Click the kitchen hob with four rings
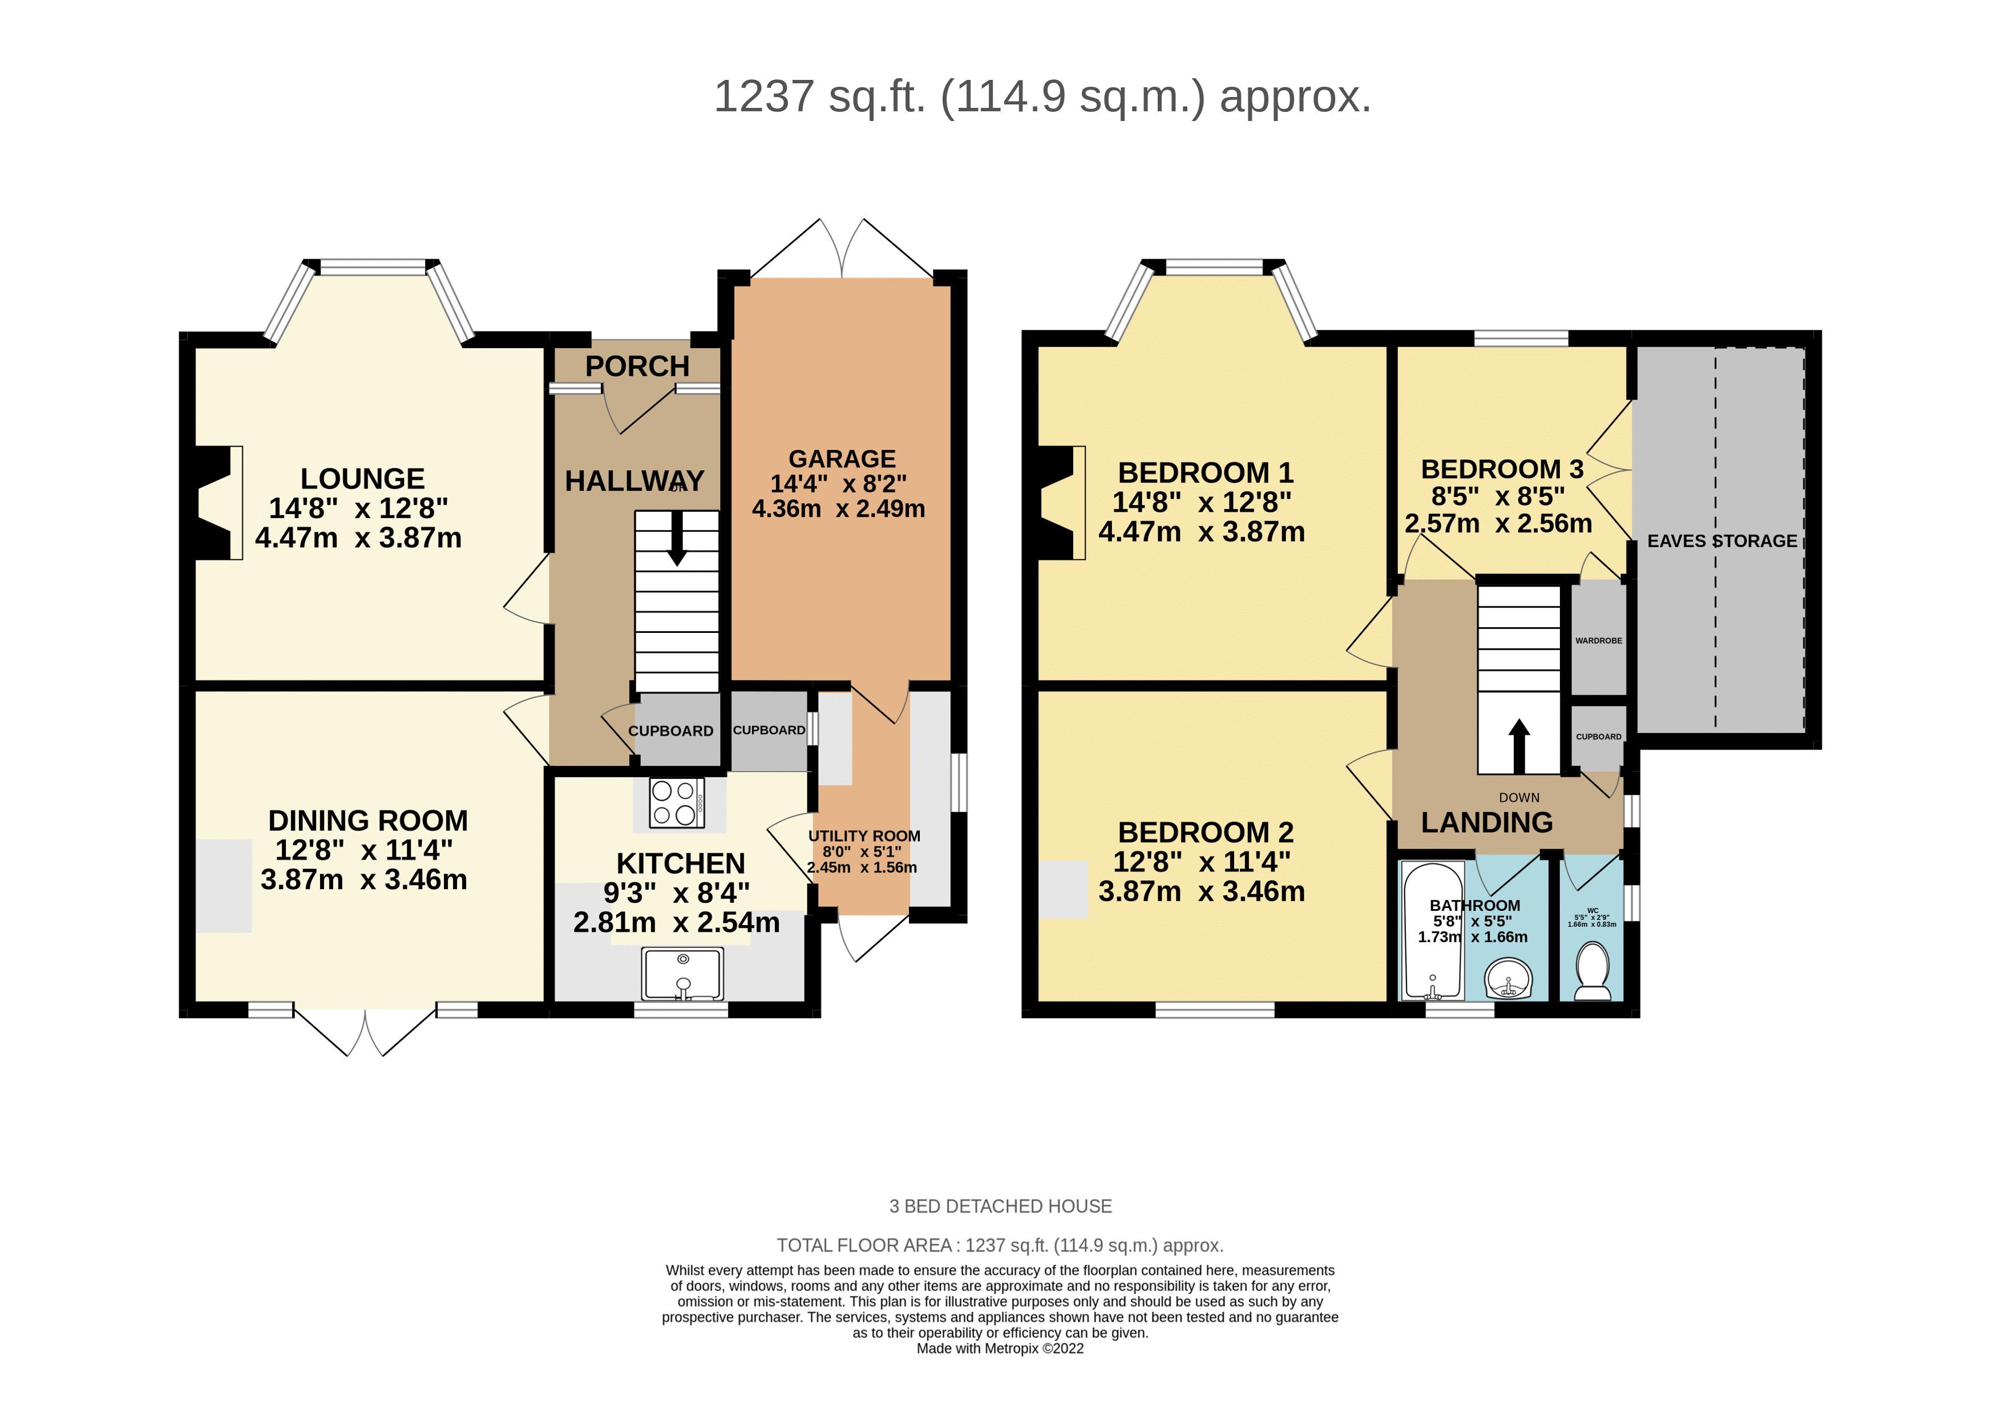676,803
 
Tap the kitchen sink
682,974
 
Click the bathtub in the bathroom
1433,931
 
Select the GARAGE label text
841,459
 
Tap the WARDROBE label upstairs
1598,640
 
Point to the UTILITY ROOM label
864,836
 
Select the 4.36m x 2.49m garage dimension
838,509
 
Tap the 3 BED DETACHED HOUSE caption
1000,1206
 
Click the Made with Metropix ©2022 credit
1000,1349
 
